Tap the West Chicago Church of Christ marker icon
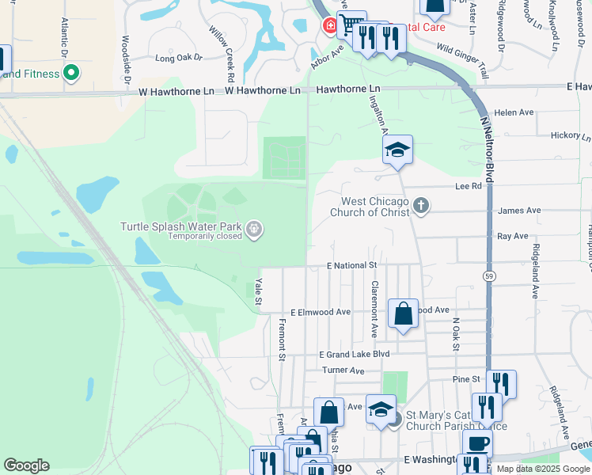[421, 207]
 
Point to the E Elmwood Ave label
[321, 312]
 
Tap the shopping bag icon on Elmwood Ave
[403, 314]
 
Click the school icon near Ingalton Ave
[397, 150]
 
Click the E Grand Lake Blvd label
[355, 354]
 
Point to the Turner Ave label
[343, 370]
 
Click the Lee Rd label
[469, 186]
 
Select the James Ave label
[520, 211]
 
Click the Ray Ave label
[513, 236]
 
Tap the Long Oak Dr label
[179, 58]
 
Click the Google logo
[26, 465]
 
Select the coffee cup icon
[477, 443]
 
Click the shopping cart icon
[351, 25]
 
